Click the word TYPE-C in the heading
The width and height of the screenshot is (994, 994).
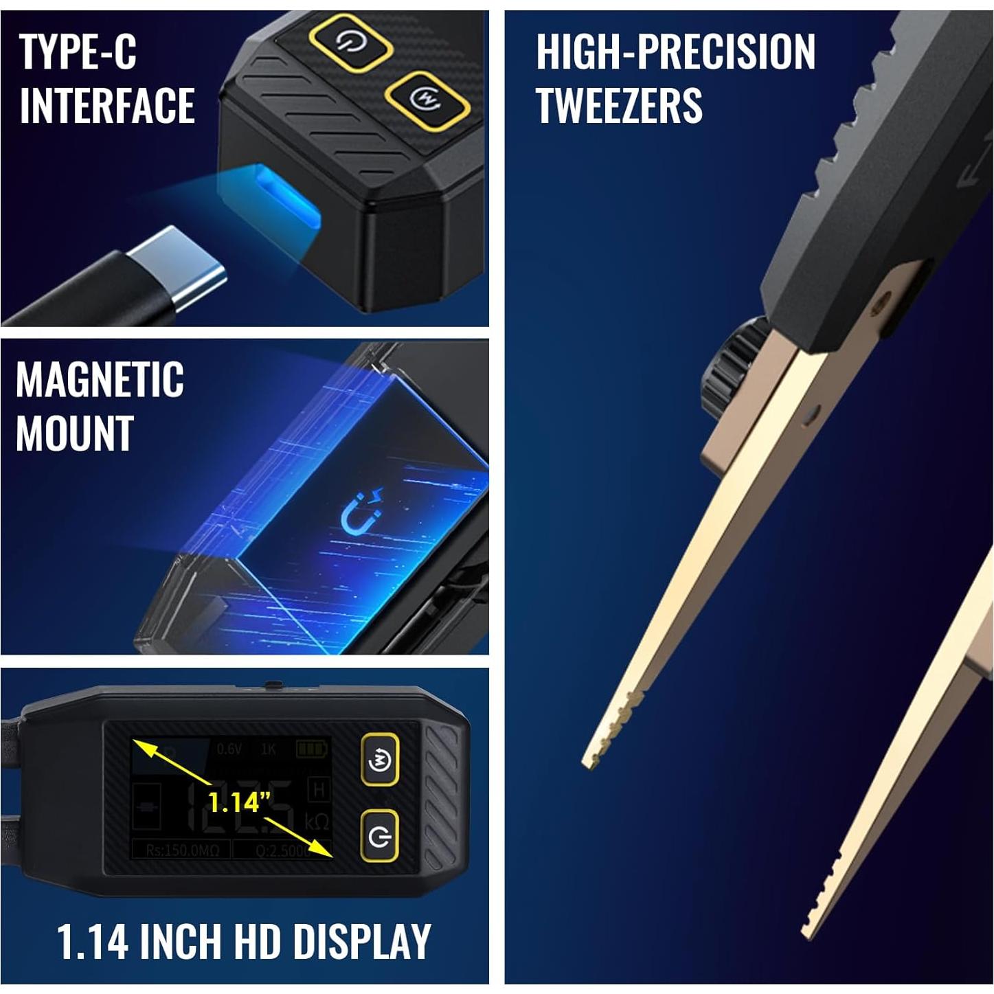[x=78, y=52]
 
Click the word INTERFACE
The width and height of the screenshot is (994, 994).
[x=107, y=105]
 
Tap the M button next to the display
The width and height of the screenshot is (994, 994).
[x=380, y=760]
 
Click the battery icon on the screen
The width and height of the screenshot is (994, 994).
[x=313, y=748]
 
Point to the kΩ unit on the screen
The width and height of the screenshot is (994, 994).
[x=317, y=822]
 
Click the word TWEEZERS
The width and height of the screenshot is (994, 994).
[x=619, y=105]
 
